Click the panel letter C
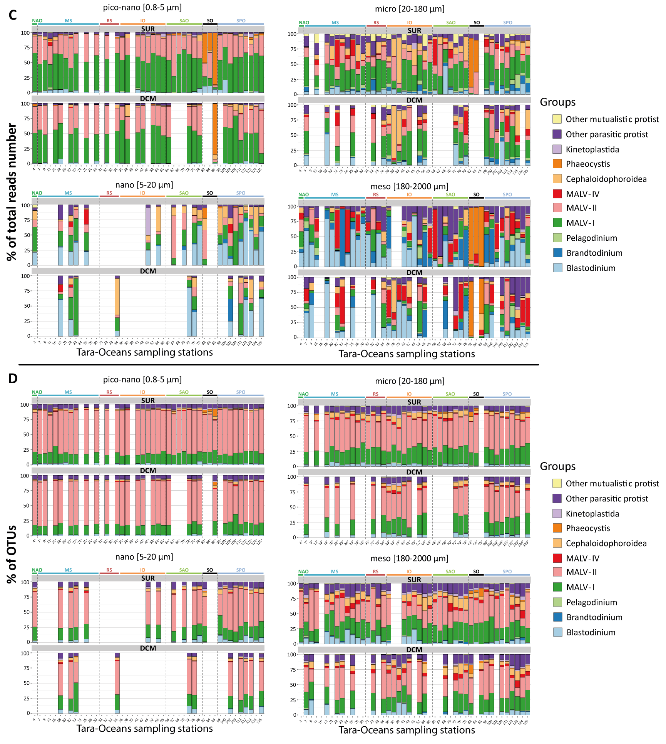pyautogui.click(x=13, y=15)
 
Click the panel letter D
pyautogui.click(x=13, y=378)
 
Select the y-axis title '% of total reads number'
pyautogui.click(x=12, y=192)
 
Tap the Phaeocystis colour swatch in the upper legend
pyautogui.click(x=557, y=164)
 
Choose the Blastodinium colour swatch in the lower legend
pyautogui.click(x=557, y=632)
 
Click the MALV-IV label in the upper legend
pyautogui.click(x=582, y=194)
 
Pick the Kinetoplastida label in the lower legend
pyautogui.click(x=592, y=514)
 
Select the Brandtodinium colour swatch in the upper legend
pyautogui.click(x=557, y=253)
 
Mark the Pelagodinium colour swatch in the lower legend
pyautogui.click(x=557, y=602)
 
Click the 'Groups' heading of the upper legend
pyautogui.click(x=557, y=102)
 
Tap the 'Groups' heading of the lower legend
pyautogui.click(x=557, y=466)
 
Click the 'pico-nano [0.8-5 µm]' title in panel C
pyautogui.click(x=142, y=8)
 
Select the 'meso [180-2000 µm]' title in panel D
pyautogui.click(x=409, y=558)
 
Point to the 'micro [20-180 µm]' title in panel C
pyautogui.click(x=410, y=9)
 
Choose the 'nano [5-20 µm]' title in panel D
pyautogui.click(x=144, y=557)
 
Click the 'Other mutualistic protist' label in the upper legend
pyautogui.click(x=612, y=119)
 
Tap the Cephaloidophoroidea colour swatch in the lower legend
pyautogui.click(x=557, y=543)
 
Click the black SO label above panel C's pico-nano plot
pyautogui.click(x=210, y=21)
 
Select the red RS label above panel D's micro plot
pyautogui.click(x=376, y=394)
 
